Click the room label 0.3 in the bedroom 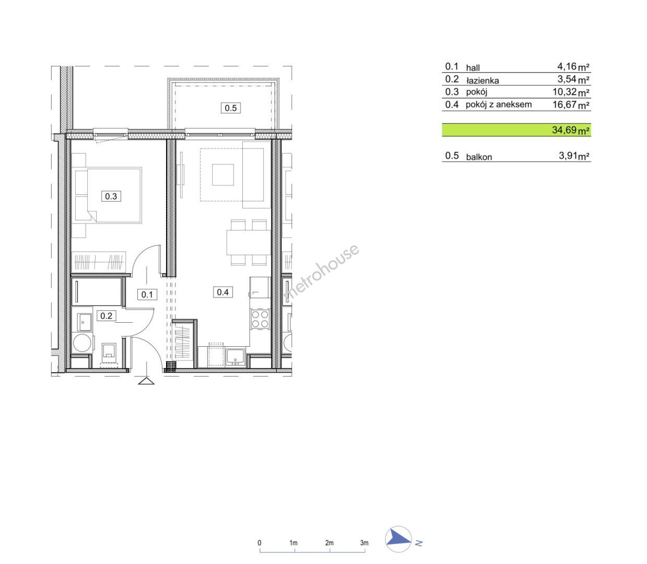111,196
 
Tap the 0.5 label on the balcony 230,108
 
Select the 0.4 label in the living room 223,292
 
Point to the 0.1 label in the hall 147,295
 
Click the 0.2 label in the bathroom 106,315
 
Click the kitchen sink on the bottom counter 236,357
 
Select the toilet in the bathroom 110,354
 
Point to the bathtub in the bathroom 97,292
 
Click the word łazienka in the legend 483,80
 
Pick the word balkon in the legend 479,157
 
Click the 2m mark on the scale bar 330,543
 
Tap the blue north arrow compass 398,543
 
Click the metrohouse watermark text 321,273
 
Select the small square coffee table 223,174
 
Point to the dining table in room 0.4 249,242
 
